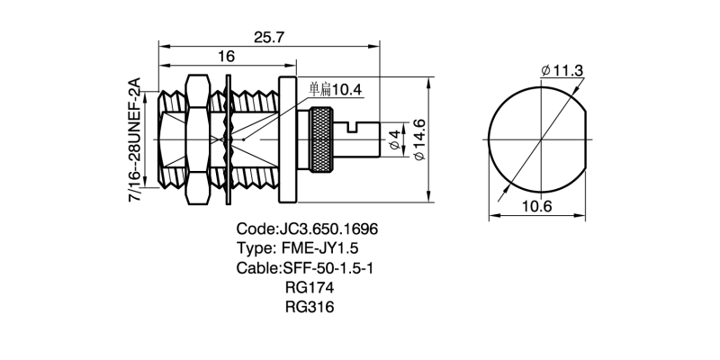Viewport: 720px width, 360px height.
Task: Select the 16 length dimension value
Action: [x=226, y=57]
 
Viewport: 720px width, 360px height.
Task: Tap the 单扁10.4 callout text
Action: [x=335, y=89]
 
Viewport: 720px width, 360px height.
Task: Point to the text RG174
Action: [x=309, y=288]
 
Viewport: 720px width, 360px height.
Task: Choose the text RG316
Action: [x=309, y=307]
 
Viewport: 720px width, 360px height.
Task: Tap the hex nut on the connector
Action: [x=196, y=139]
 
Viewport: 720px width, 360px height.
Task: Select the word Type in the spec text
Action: [x=254, y=248]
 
